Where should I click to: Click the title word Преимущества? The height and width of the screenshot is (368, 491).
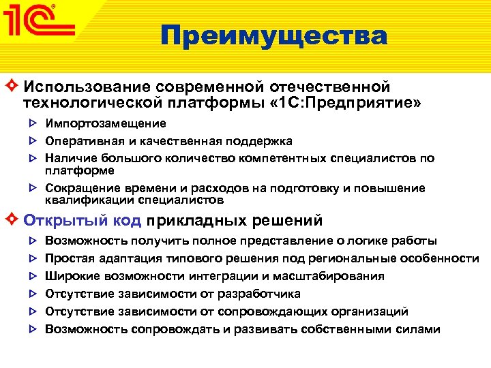tap(274, 35)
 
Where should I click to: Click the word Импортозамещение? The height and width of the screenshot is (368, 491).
tap(106, 123)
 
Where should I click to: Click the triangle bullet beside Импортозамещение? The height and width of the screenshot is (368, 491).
tap(33, 123)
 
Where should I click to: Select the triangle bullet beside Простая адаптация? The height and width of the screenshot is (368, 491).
tap(33, 259)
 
